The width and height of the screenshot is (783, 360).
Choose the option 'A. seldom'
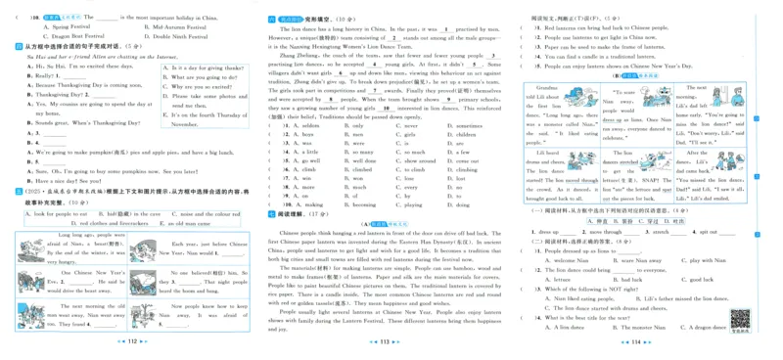coord(303,126)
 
